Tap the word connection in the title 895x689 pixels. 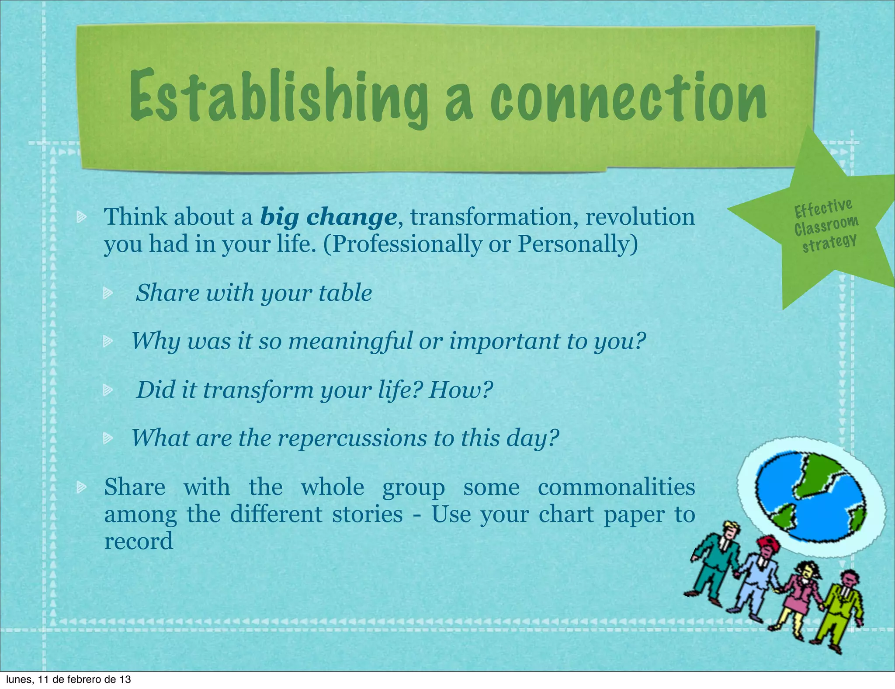(x=628, y=97)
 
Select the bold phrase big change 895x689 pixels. (x=328, y=217)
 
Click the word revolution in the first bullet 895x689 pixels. (x=640, y=217)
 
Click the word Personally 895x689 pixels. (x=577, y=244)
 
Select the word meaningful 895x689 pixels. (x=350, y=341)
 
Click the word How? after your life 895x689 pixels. (x=461, y=390)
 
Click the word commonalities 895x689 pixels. (x=616, y=487)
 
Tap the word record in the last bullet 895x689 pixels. (x=139, y=541)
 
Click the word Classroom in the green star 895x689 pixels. (x=826, y=226)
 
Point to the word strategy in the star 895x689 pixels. (x=829, y=243)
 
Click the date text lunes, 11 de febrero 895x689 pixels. (x=68, y=680)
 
